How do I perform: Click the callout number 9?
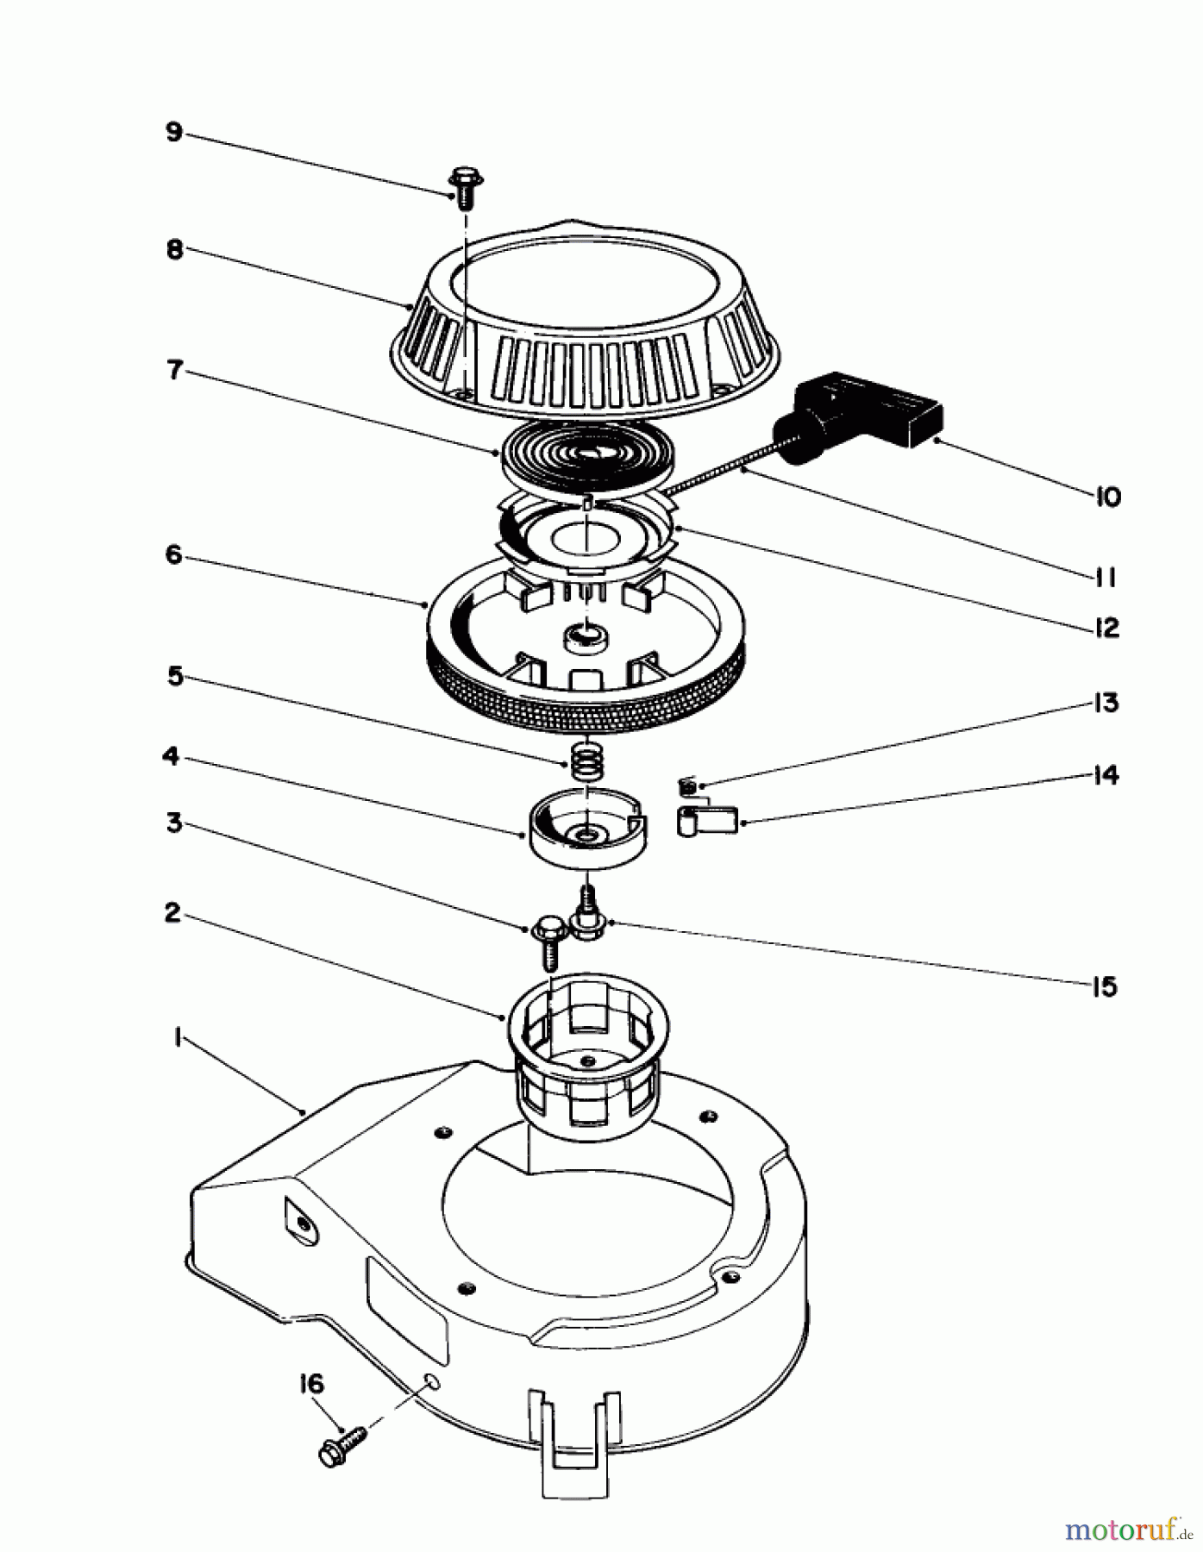174,133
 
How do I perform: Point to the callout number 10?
1108,497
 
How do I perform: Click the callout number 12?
1106,628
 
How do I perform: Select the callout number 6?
174,554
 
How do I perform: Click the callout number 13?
1106,703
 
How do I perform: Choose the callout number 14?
1106,775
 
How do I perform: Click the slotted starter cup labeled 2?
586,1052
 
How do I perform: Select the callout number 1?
175,1040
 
